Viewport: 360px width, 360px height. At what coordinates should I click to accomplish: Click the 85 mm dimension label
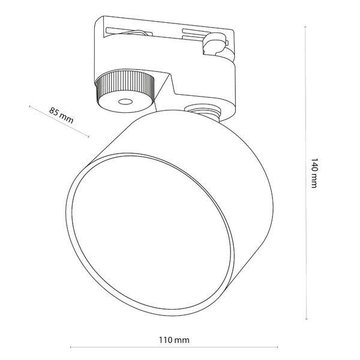(x=61, y=114)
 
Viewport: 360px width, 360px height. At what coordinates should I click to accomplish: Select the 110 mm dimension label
(x=174, y=340)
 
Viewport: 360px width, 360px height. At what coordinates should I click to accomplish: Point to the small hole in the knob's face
(x=125, y=102)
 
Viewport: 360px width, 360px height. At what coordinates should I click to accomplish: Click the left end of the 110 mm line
(x=71, y=347)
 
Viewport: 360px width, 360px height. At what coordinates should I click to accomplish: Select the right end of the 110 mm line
(x=277, y=347)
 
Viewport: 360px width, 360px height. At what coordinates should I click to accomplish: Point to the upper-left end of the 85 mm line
(x=29, y=106)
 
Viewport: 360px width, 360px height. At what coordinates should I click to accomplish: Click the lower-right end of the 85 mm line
(x=89, y=136)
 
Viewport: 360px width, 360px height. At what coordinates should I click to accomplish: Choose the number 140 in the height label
(x=313, y=166)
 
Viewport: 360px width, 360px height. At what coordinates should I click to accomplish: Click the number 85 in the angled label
(x=55, y=111)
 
